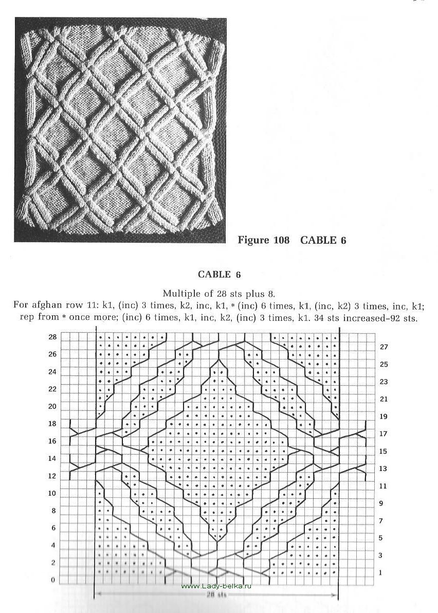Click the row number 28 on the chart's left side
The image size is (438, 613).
pyautogui.click(x=51, y=337)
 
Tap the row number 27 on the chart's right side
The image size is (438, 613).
pyautogui.click(x=384, y=347)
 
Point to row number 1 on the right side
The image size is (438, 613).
pyautogui.click(x=380, y=572)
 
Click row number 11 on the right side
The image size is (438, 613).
pyautogui.click(x=383, y=486)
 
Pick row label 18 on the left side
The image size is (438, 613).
pyautogui.click(x=51, y=424)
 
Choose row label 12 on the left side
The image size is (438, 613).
pyautogui.click(x=51, y=476)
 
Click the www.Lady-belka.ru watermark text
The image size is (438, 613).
pyautogui.click(x=216, y=586)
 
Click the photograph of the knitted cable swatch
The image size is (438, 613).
pyautogui.click(x=120, y=130)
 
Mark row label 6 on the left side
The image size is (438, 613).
pyautogui.click(x=53, y=528)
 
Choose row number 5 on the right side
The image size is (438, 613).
pyautogui.click(x=380, y=538)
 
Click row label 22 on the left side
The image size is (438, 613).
pyautogui.click(x=51, y=389)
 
